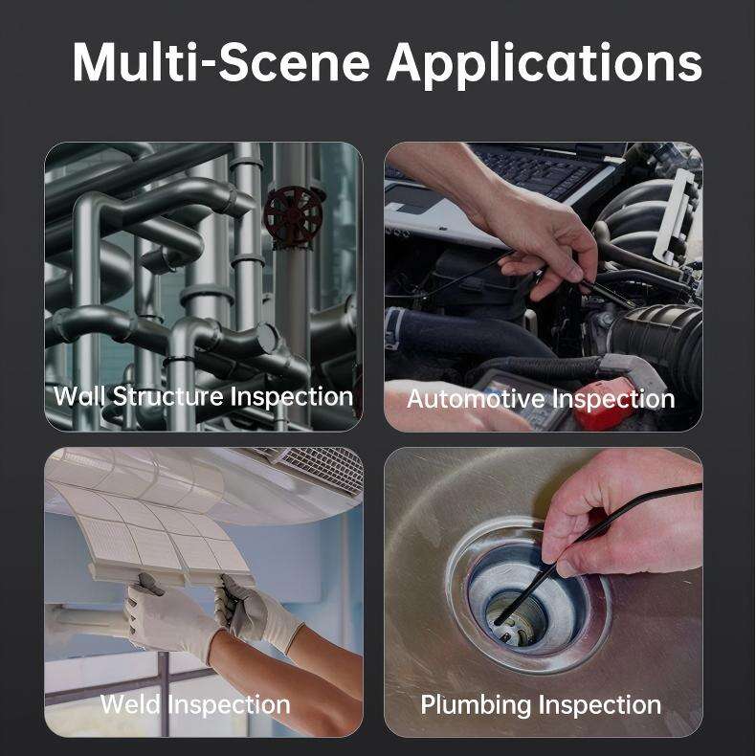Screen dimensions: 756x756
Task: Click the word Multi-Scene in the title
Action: [220, 62]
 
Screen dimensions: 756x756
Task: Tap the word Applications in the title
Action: [545, 62]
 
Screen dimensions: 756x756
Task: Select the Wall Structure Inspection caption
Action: [203, 396]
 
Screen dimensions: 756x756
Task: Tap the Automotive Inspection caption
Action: [541, 398]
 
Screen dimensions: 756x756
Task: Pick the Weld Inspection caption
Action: [195, 705]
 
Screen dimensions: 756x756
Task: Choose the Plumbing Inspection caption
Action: [541, 705]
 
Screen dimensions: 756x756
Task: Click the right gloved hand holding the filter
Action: [254, 612]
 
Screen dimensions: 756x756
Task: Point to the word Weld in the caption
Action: [131, 705]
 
